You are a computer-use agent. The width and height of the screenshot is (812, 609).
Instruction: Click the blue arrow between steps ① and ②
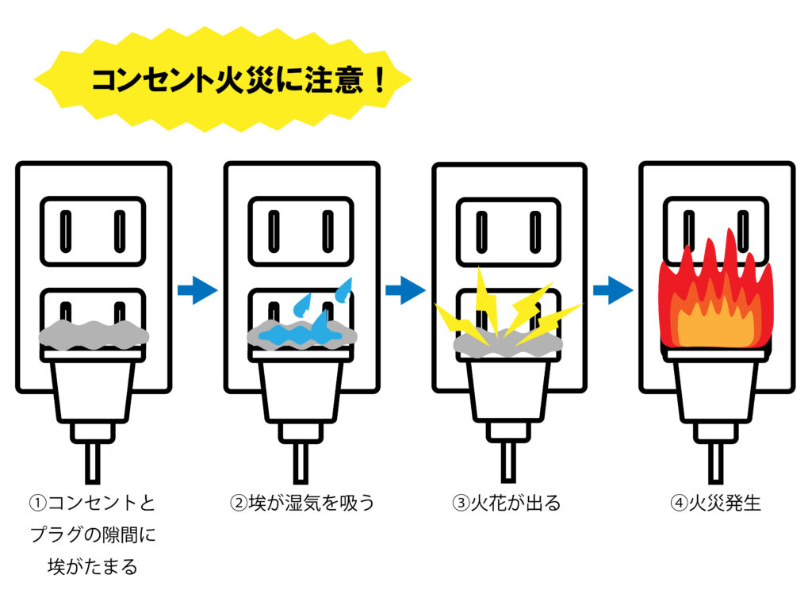(x=196, y=290)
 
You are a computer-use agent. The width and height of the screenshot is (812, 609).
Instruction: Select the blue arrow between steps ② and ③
(x=404, y=290)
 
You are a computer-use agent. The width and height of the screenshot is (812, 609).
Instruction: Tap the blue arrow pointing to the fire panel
(x=613, y=290)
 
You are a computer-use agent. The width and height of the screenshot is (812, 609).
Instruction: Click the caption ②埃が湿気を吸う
(x=301, y=504)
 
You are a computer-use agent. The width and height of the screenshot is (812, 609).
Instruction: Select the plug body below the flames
(x=715, y=393)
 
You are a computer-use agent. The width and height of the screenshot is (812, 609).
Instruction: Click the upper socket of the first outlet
(x=94, y=231)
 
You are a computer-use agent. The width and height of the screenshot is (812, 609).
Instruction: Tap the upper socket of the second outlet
(x=301, y=231)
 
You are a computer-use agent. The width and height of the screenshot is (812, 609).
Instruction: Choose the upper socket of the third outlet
(x=509, y=231)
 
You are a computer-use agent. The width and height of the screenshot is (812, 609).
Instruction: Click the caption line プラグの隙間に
(x=93, y=535)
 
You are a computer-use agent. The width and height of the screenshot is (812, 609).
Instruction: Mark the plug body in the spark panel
(x=509, y=393)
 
